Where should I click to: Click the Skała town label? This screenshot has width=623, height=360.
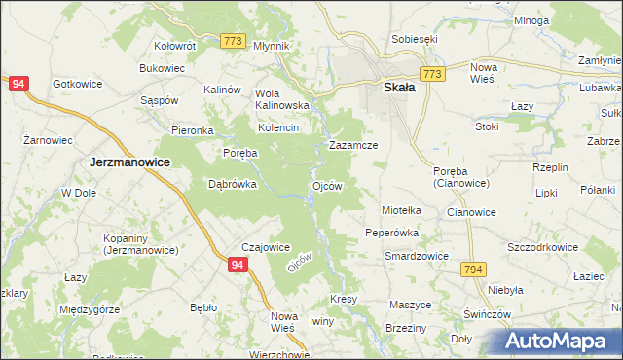point(393,87)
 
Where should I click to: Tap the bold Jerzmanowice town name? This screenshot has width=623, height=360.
point(130,162)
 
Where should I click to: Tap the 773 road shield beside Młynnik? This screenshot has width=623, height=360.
point(232,40)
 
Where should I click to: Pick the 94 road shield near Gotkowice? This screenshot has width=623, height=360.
point(18,85)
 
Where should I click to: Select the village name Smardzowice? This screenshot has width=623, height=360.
point(416,256)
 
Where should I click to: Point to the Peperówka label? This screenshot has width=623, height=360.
point(391,233)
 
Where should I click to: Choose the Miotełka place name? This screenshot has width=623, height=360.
point(401,209)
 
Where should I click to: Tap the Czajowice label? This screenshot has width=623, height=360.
point(266,247)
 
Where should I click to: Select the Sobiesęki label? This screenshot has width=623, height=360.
point(415,39)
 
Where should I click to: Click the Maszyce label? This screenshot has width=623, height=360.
point(410,305)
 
